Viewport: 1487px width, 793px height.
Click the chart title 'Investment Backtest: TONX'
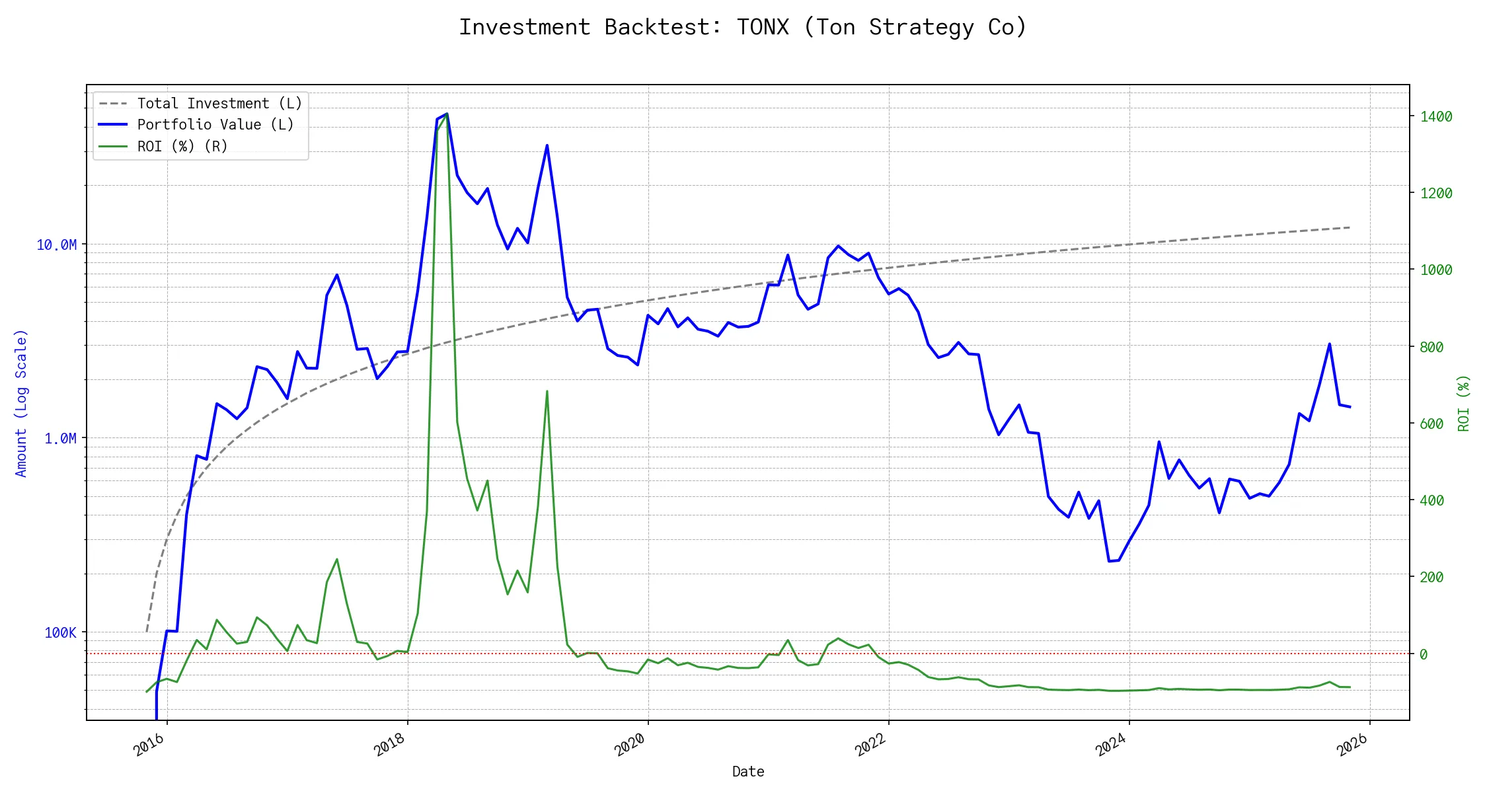743,27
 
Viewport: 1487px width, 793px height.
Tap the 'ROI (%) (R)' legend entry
182,146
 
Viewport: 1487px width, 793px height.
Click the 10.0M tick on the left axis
57,245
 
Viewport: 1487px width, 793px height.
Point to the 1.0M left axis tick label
60,439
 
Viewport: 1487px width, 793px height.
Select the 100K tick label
60,633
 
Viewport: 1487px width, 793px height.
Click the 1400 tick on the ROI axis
1436,117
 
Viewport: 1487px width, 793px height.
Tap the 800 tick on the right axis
1431,347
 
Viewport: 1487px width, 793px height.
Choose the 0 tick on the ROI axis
1424,654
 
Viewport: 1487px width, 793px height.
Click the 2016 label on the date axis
149,745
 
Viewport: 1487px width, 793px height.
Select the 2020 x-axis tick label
630,745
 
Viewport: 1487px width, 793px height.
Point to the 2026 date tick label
1352,745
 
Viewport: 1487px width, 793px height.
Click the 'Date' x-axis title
748,772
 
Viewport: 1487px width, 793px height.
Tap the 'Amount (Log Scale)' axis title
21,403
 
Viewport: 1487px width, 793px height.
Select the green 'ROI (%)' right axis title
1464,403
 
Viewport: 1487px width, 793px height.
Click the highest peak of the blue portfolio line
447,114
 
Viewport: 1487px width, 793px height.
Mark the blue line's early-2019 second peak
547,145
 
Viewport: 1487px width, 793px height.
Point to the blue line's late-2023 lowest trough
1109,561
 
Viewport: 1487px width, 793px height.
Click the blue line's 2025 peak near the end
1329,344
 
